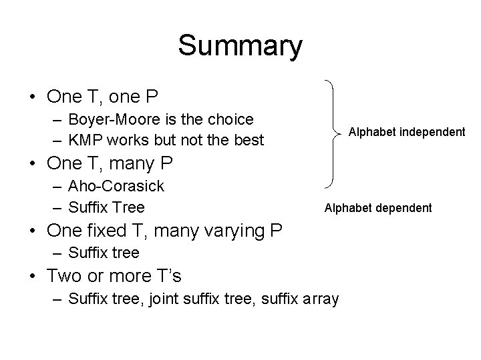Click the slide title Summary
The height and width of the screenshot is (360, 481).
[x=240, y=46]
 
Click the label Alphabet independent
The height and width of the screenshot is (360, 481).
[x=407, y=132]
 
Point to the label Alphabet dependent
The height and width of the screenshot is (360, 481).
[x=378, y=208]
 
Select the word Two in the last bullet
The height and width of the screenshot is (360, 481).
[x=65, y=275]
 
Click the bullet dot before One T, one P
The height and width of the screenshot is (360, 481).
[x=33, y=97]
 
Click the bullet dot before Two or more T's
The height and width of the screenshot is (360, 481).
[x=33, y=275]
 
